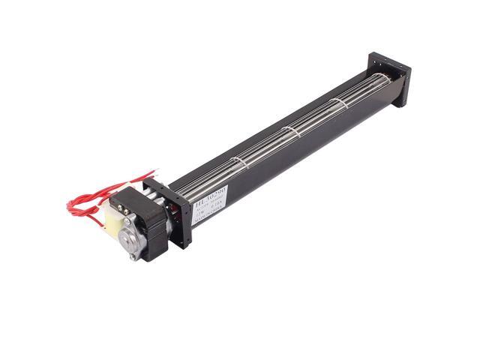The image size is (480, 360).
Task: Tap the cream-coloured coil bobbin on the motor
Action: tap(115, 222)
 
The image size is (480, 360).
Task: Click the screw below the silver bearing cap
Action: tap(133, 256)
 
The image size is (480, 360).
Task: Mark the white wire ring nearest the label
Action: tap(239, 163)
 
